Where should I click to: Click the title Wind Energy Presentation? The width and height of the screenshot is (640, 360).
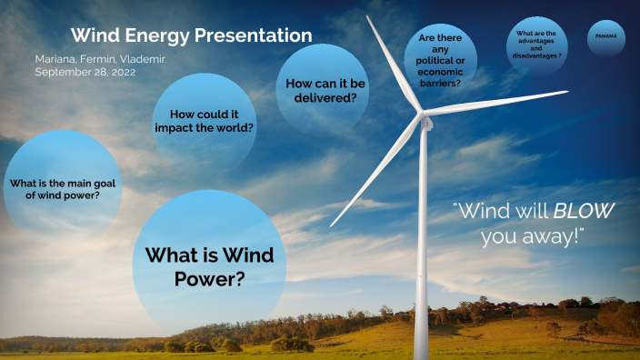click(191, 35)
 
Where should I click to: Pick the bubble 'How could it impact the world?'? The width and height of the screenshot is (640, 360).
click(211, 121)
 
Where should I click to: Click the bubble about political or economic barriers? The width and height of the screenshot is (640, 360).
click(439, 61)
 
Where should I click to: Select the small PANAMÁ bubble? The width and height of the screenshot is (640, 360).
click(605, 36)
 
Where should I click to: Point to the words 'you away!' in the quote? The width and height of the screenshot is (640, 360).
click(532, 236)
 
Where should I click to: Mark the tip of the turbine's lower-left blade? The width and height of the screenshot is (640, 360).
click(331, 225)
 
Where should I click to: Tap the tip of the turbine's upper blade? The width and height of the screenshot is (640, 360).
click(368, 16)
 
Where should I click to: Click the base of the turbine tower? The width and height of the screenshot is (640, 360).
click(421, 353)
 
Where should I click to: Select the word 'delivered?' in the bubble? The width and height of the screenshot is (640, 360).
click(325, 97)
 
